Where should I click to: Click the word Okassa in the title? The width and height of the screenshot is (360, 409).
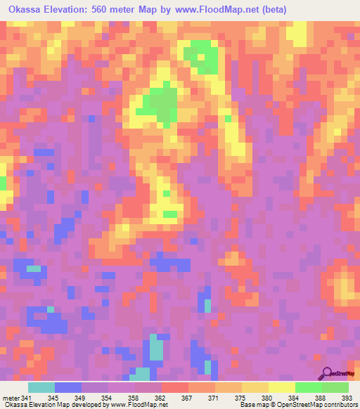tap(27, 11)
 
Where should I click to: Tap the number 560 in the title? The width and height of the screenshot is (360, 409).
tap(114, 11)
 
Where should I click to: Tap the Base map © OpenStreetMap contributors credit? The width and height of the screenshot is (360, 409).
tap(297, 404)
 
